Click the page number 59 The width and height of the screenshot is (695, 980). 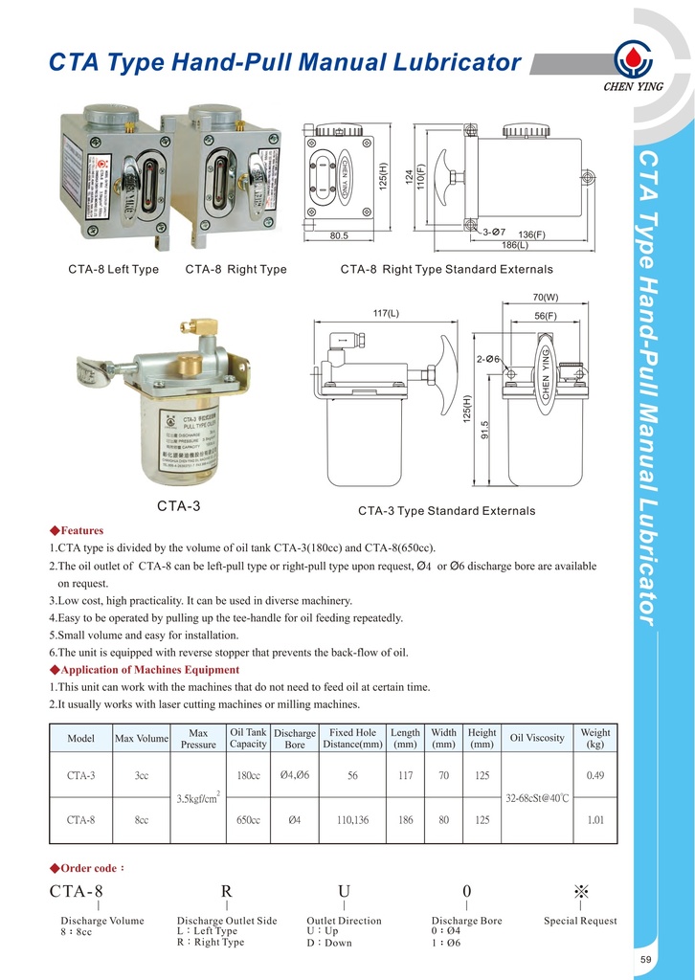(673, 960)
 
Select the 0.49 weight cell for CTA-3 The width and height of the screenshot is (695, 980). (594, 775)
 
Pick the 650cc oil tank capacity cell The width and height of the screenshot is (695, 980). (249, 820)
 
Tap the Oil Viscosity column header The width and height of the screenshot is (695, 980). (537, 738)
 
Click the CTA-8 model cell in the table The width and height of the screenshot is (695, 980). (80, 820)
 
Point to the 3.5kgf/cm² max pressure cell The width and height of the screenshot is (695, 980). (199, 796)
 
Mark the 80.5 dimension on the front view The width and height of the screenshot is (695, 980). (338, 234)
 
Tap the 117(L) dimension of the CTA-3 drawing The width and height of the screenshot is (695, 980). (386, 313)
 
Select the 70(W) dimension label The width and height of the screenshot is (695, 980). (545, 297)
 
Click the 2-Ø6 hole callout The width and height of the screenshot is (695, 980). (488, 359)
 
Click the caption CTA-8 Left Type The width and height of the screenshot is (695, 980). (113, 270)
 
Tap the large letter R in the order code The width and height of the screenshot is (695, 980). (226, 892)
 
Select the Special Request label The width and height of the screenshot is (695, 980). (580, 921)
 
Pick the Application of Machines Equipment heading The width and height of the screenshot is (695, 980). (149, 670)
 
